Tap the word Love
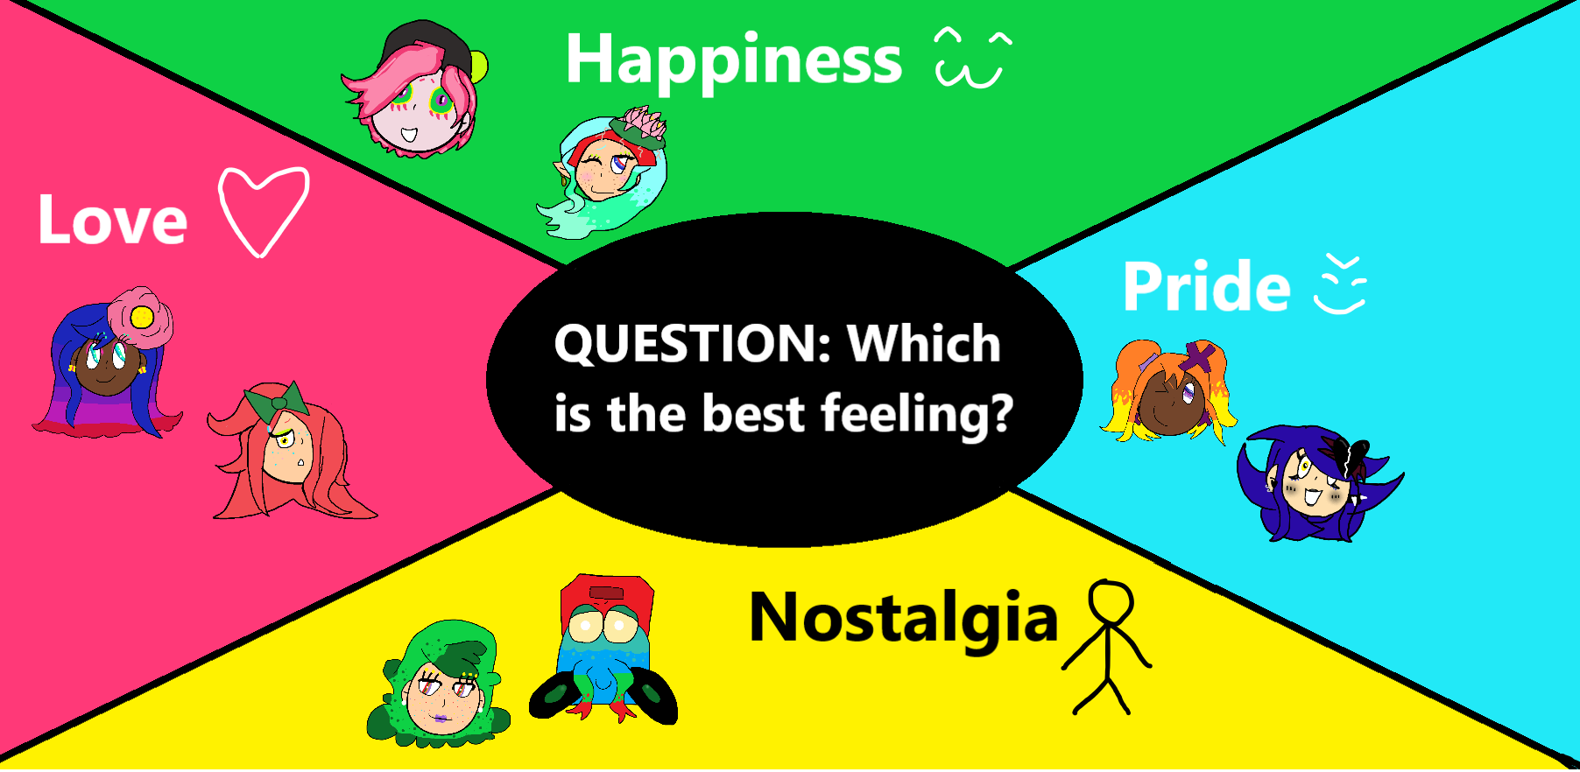112,221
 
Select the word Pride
1207,286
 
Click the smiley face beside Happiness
972,58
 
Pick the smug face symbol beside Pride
1340,285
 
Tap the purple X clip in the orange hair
1199,359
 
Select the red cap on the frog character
606,597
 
